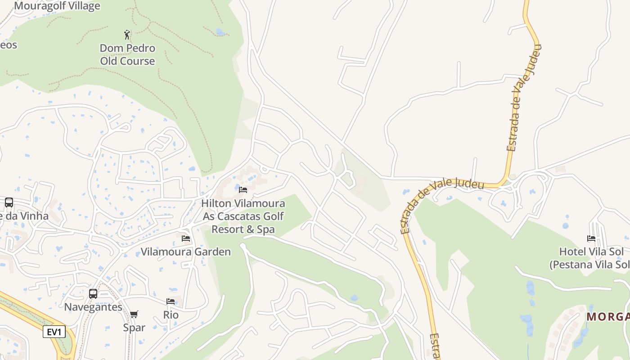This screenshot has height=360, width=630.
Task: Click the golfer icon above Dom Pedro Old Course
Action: [127, 35]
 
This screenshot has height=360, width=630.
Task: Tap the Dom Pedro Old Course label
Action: [127, 54]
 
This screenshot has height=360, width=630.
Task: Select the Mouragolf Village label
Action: [57, 6]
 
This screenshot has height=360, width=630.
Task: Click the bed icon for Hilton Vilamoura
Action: [243, 190]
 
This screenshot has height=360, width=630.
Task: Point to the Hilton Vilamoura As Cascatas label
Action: [243, 216]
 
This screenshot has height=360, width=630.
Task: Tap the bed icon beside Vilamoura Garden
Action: [185, 238]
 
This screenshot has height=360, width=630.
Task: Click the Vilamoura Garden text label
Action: [186, 252]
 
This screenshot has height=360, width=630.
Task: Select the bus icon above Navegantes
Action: [93, 294]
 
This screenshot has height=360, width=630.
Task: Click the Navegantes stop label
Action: [93, 307]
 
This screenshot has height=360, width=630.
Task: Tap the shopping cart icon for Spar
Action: [134, 314]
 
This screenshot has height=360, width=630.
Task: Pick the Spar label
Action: [134, 327]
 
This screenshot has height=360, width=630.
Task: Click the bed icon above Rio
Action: [171, 301]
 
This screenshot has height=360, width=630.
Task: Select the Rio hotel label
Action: [171, 315]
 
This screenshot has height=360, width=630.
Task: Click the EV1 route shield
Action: [54, 332]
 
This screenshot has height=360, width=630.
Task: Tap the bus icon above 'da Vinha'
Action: [9, 202]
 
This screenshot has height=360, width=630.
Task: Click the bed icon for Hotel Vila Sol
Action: [591, 238]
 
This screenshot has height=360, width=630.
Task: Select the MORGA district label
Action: [608, 317]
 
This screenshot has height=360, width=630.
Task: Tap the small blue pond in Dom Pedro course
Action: [220, 32]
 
